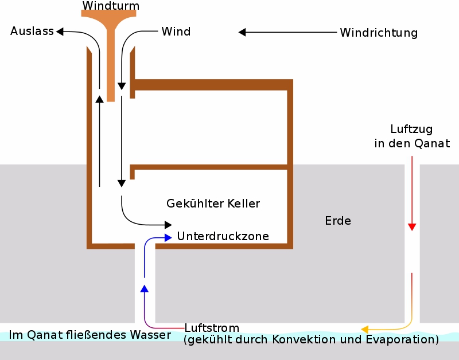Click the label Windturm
pos(111,6)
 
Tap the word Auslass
pos(32,31)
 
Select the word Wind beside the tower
pos(176,32)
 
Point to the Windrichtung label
pos(379,33)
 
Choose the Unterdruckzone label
pos(223,236)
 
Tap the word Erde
pos(338,221)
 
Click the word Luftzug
pos(411,128)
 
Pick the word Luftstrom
pos(212,328)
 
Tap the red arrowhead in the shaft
pos(411,227)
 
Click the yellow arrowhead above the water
pos(364,329)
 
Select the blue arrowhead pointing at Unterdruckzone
pos(168,236)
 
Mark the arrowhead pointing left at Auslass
pos(59,32)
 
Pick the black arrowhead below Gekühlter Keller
pos(168,224)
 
